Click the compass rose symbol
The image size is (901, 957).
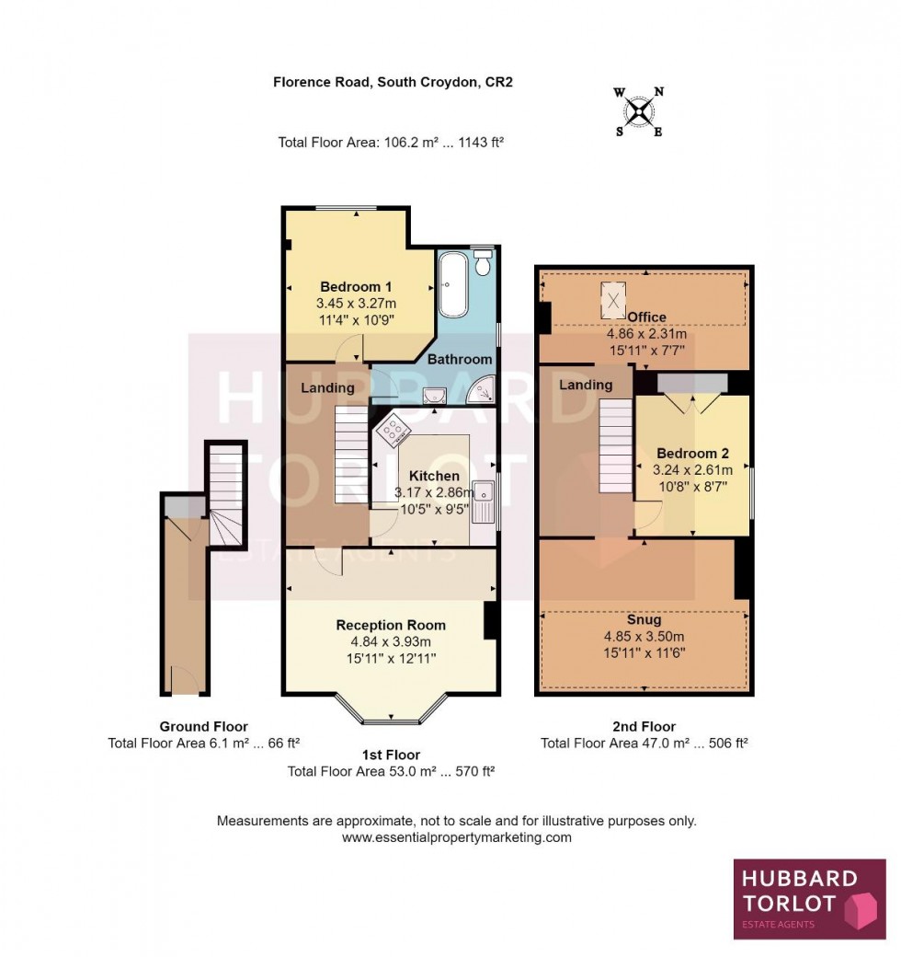coord(639,111)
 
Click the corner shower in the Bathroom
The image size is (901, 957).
coord(482,393)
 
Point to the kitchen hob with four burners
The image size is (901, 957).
coord(393,429)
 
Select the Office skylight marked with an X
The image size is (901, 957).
coord(613,297)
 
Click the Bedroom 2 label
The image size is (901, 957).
coord(692,454)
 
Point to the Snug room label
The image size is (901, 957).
coord(644,620)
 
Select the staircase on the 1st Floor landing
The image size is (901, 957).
coord(350,455)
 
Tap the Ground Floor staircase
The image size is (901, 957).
coord(226,497)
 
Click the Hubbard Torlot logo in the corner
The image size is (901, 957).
coord(809,899)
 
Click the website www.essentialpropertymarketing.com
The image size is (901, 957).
coord(457,837)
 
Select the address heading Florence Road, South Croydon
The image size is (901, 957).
coord(393,82)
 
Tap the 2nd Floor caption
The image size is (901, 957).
coord(644,727)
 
